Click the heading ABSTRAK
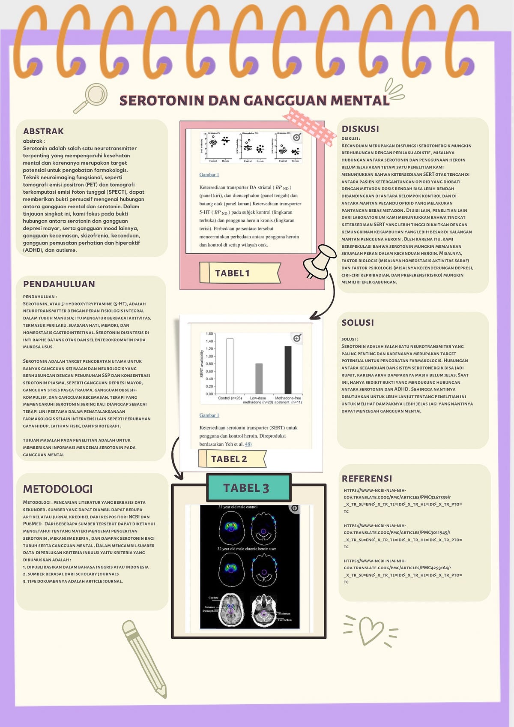43,131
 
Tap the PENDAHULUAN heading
59,284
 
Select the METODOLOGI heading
58,489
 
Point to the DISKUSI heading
360,129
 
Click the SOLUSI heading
358,322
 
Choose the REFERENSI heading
367,478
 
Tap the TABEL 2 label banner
232,459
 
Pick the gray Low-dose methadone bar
259,379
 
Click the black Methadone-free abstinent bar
288,370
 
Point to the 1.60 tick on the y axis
209,333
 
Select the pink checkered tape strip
309,126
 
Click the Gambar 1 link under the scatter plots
209,174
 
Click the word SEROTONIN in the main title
161,100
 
